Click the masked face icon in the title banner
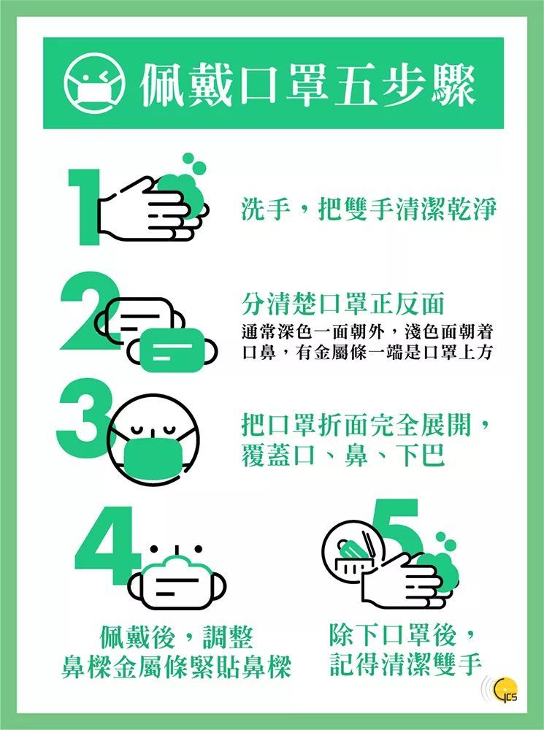94,83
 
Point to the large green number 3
84,418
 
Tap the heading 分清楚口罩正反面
342,304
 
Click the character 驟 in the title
453,84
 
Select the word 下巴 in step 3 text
422,456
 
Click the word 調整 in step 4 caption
229,637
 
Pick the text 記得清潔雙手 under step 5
405,664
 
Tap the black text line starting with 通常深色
367,331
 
